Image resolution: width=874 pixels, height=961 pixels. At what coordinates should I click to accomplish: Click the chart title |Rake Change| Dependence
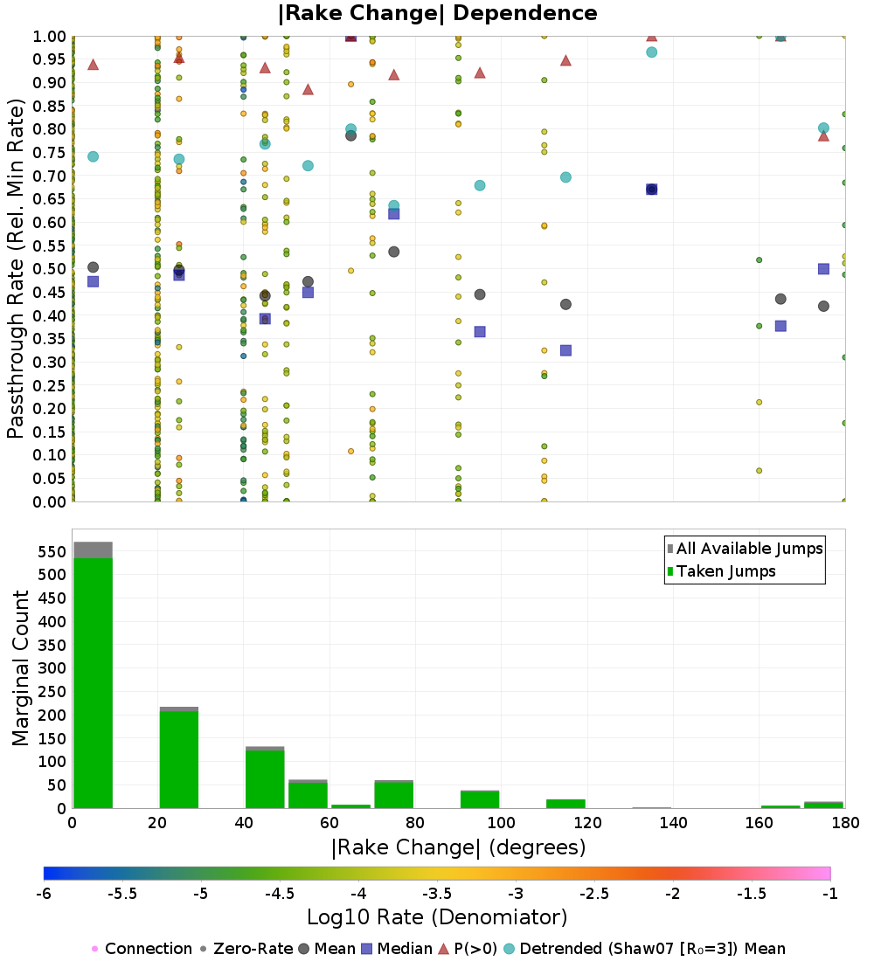coord(438,13)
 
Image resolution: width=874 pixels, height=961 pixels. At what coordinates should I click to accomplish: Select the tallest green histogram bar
coord(93,681)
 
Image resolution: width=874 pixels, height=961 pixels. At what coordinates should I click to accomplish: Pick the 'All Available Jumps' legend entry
coord(745,549)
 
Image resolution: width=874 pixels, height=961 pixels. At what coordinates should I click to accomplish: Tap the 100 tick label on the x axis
coord(501,823)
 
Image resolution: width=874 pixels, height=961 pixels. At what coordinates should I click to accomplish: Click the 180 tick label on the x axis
coord(843,823)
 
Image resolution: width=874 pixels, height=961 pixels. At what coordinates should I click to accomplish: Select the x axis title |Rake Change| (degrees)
coord(458,847)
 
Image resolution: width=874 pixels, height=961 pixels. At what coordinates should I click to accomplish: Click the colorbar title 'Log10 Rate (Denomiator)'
coord(437,917)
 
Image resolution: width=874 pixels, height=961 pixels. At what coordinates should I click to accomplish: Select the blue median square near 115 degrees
coord(565,350)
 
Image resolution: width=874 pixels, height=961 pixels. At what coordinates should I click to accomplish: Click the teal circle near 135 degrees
coord(651,52)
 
